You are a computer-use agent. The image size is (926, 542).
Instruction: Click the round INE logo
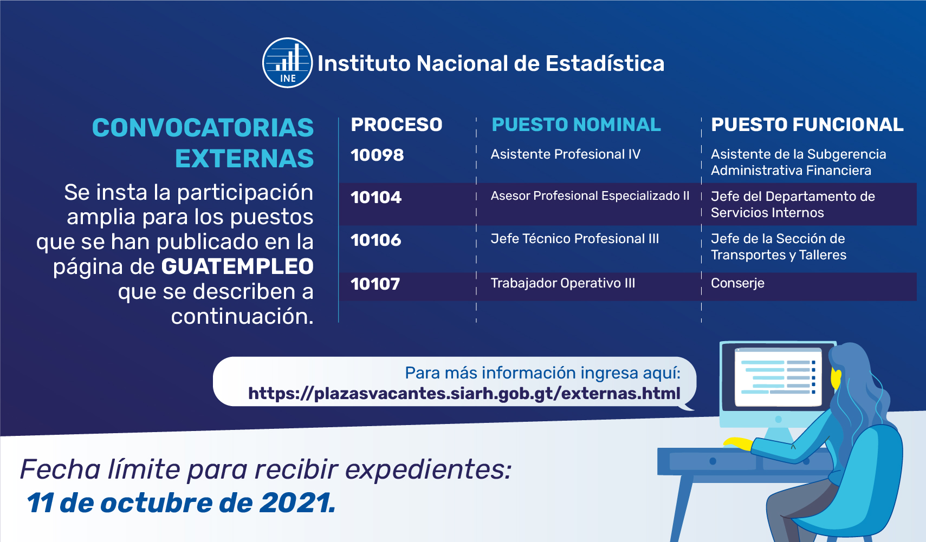coord(287,63)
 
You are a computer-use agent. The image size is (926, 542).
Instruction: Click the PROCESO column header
coord(397,125)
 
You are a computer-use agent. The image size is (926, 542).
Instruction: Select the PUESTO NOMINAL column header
coord(577,125)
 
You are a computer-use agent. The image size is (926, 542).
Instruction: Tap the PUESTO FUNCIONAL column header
coord(807,125)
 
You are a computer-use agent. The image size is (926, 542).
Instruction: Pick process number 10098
coord(377,155)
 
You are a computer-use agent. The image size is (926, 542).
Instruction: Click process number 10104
coord(376,198)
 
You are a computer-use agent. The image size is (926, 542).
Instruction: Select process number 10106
coord(376,240)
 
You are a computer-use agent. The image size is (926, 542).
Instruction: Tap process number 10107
coord(375,284)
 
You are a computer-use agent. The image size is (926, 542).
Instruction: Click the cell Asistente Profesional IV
coord(566,154)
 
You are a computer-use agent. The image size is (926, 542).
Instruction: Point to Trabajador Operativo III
coord(562,283)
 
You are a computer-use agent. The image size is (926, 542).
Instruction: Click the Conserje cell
coord(737,283)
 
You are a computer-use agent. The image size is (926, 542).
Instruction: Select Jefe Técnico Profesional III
coord(574,239)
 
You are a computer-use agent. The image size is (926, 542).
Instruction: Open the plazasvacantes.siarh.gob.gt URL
coord(464,393)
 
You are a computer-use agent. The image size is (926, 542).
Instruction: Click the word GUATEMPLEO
coord(237,266)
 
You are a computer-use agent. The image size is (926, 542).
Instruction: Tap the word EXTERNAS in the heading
coord(244,159)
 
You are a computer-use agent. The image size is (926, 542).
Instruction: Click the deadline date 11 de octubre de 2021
coord(180,503)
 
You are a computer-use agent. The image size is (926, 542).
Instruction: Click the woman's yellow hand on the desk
coord(739,443)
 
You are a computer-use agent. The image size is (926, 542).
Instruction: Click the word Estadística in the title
coord(605,63)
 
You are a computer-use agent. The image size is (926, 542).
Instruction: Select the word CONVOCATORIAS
coord(203,127)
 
